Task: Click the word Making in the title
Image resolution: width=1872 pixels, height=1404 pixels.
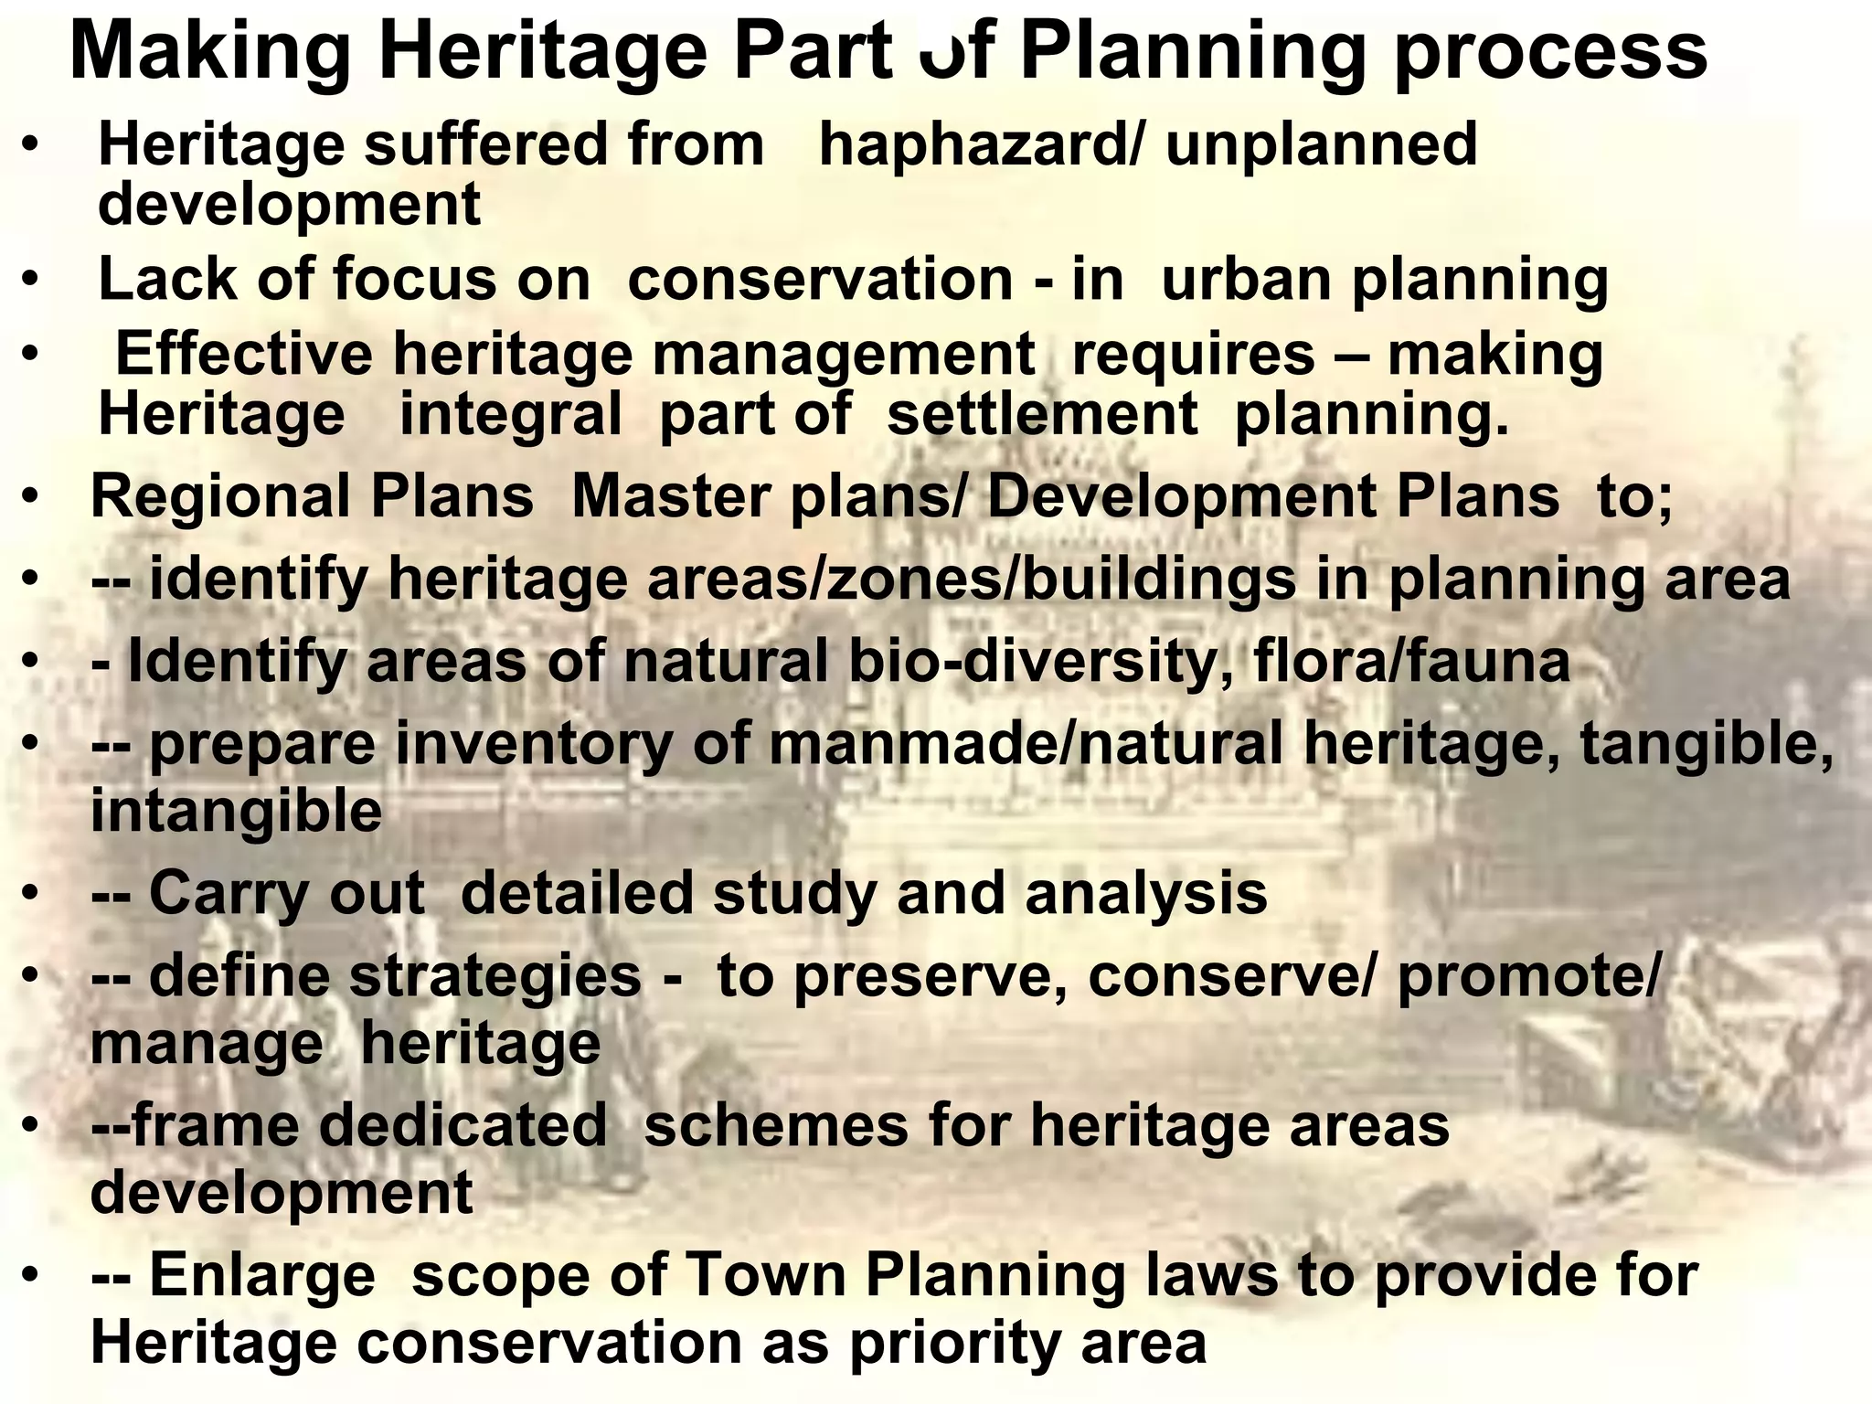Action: point(210,53)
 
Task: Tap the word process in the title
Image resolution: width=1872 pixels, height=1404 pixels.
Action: point(1550,53)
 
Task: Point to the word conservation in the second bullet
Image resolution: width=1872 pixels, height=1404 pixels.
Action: point(820,279)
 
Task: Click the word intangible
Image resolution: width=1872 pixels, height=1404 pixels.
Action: point(236,811)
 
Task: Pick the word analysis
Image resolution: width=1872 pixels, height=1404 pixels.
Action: point(1146,893)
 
